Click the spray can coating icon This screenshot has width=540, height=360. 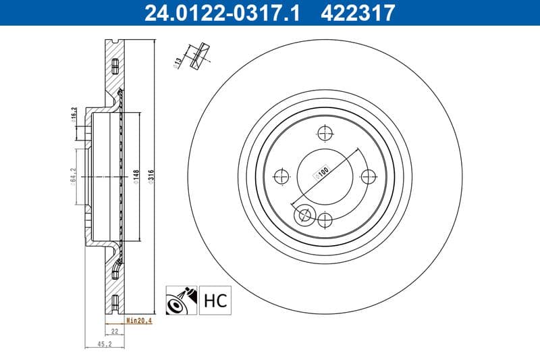click(x=181, y=299)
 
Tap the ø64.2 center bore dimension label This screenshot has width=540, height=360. click(x=73, y=176)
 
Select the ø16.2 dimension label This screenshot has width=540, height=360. click(x=72, y=118)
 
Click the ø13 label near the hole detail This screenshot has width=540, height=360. click(x=179, y=63)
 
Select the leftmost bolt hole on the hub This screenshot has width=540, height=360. click(x=281, y=176)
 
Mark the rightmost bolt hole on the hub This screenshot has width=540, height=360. click(x=369, y=176)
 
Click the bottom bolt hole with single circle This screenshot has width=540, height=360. click(x=325, y=220)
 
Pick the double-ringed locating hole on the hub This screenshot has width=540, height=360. click(x=304, y=215)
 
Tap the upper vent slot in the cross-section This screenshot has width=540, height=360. click(x=114, y=65)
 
